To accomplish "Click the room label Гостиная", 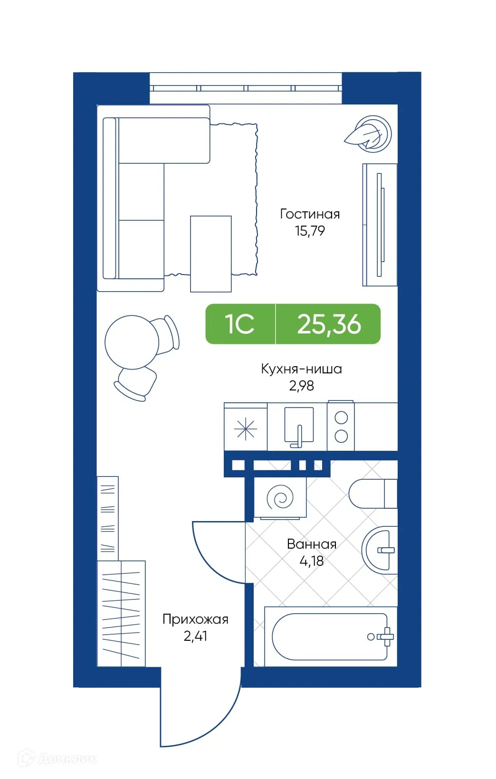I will (310, 214).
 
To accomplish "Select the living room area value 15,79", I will (310, 231).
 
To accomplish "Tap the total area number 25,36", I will (329, 324).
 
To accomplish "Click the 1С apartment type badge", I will (240, 324).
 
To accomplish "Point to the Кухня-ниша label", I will (301, 369).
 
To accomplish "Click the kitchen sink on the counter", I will (298, 426).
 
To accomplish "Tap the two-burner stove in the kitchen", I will (341, 427).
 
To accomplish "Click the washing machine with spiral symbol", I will (280, 498).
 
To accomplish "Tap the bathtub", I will (330, 637).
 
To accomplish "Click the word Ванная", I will (312, 544).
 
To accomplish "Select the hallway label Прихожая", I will (195, 619).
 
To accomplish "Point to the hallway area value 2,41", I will (195, 636).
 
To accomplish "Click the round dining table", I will (132, 342).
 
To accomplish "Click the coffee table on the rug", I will (210, 254).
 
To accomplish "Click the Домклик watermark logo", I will (57, 759).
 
